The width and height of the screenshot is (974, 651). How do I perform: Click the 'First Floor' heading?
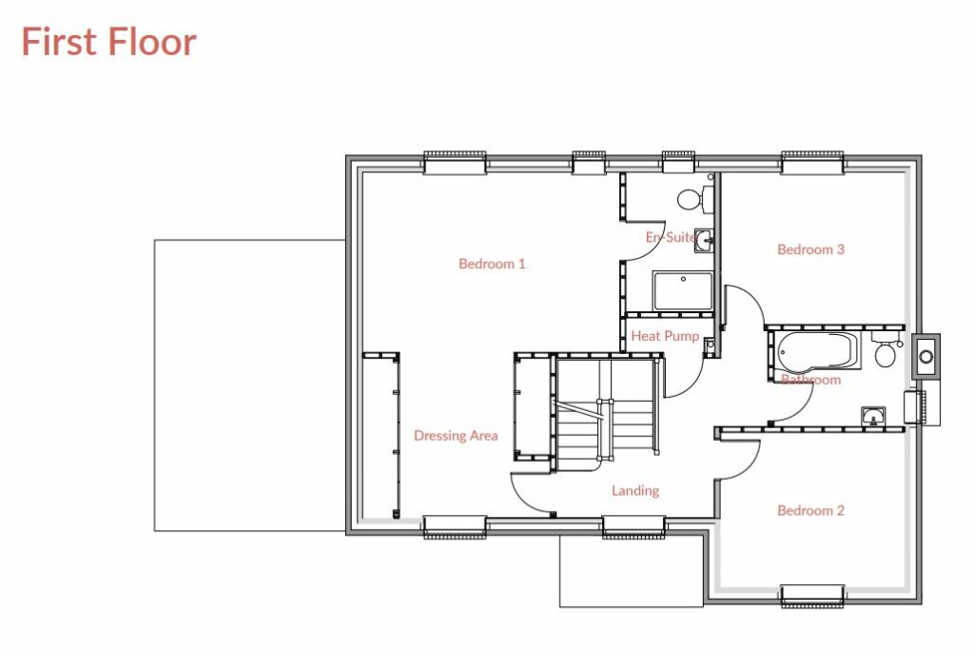coord(108,43)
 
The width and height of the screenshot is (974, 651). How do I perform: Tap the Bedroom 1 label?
coord(492,264)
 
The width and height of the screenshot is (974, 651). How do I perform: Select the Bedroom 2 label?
coord(810,511)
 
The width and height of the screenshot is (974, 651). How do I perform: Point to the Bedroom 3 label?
coord(810,249)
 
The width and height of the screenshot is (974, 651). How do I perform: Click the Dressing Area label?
coord(456,436)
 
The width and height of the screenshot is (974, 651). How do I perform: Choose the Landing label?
coord(634,491)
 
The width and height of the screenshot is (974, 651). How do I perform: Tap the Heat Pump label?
coord(665,336)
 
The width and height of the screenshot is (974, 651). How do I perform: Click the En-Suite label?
coord(671,237)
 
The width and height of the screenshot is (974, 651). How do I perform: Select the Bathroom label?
coord(810,380)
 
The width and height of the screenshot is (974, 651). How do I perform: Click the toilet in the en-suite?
coord(691,200)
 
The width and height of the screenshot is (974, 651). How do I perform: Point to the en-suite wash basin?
coord(704,240)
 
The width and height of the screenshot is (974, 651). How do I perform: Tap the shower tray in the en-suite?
coord(682,291)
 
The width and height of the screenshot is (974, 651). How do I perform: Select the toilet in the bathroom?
coord(885,355)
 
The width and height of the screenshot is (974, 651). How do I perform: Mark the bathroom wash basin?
coord(872,415)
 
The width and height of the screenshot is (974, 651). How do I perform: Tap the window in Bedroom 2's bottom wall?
coord(811,596)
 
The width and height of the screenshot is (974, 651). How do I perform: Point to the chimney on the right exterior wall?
coord(925,357)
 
